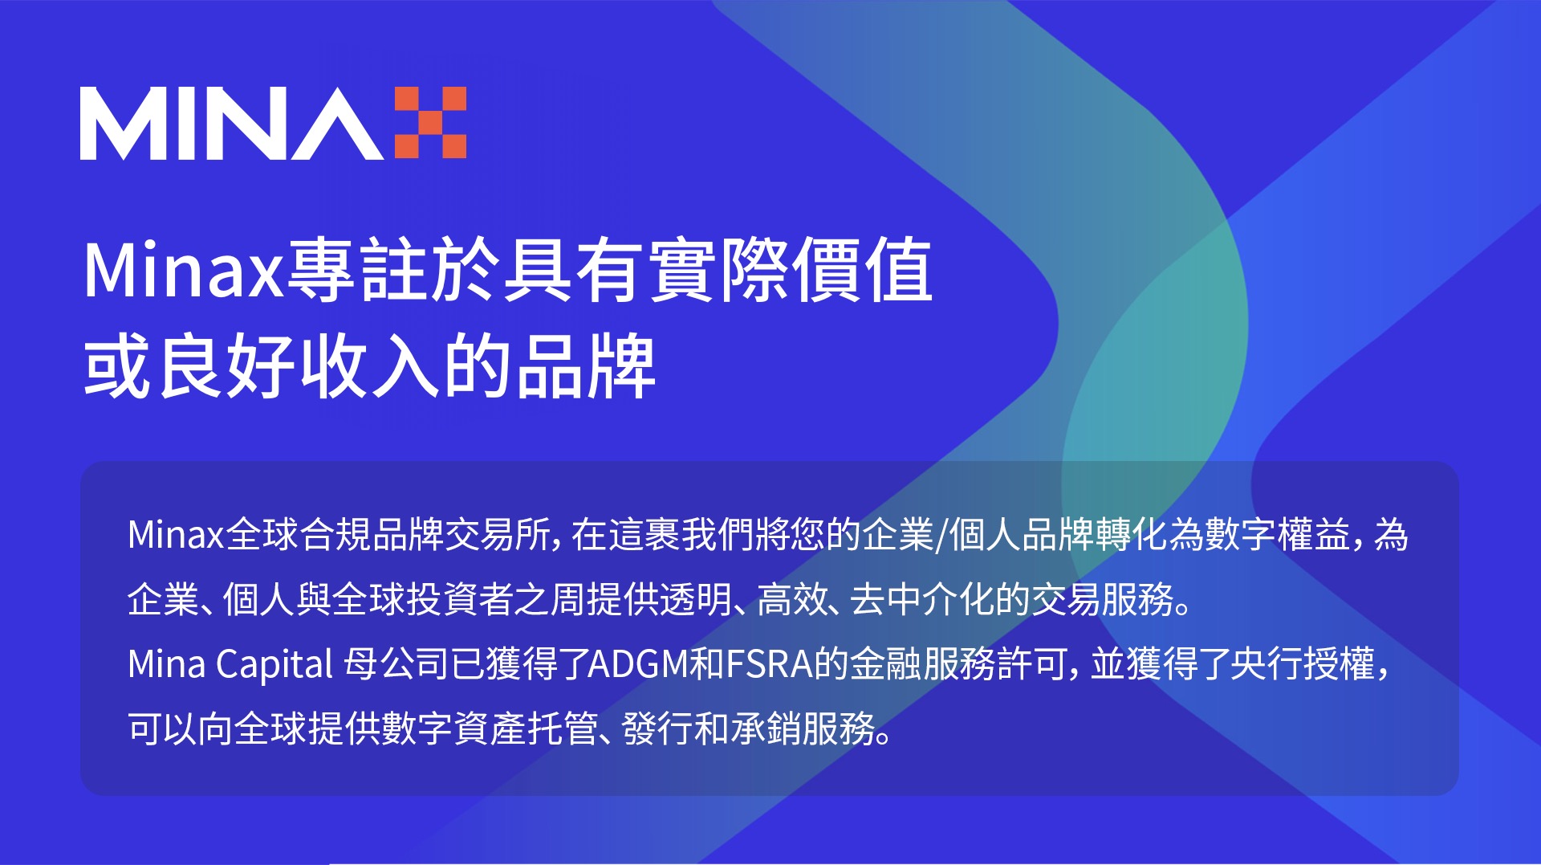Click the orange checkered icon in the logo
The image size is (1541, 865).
[x=430, y=123]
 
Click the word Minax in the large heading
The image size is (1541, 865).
[x=184, y=271]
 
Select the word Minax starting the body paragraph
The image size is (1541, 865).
[x=176, y=535]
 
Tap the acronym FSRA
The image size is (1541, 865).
[x=770, y=664]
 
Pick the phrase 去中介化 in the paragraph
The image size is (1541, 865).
[x=922, y=599]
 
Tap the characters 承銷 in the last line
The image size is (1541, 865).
[x=766, y=728]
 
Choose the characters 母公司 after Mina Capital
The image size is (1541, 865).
[x=397, y=664]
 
